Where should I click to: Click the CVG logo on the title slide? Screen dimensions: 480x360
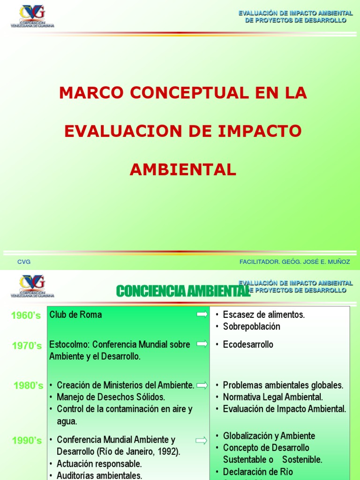[x=32, y=15]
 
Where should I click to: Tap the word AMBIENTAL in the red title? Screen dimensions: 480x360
[x=183, y=170]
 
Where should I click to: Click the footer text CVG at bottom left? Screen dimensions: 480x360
[x=24, y=262]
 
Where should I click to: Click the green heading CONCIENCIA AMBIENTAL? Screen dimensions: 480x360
[x=183, y=291]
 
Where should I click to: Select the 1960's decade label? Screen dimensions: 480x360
[x=26, y=316]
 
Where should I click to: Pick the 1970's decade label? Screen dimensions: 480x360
[x=27, y=346]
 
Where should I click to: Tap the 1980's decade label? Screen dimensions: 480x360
[x=28, y=386]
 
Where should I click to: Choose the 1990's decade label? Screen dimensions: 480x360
[x=27, y=441]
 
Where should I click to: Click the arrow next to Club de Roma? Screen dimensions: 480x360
[x=202, y=315]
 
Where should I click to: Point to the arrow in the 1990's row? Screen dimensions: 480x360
[x=202, y=440]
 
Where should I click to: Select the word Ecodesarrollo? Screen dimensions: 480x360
[x=248, y=345]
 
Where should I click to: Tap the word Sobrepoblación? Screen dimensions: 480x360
[x=251, y=326]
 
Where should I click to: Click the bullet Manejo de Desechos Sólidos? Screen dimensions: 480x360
[x=111, y=397]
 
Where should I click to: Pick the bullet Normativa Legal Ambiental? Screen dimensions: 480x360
[x=273, y=397]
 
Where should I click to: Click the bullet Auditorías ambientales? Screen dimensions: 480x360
[x=99, y=475]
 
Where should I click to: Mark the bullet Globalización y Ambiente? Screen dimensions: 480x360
[x=269, y=436]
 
